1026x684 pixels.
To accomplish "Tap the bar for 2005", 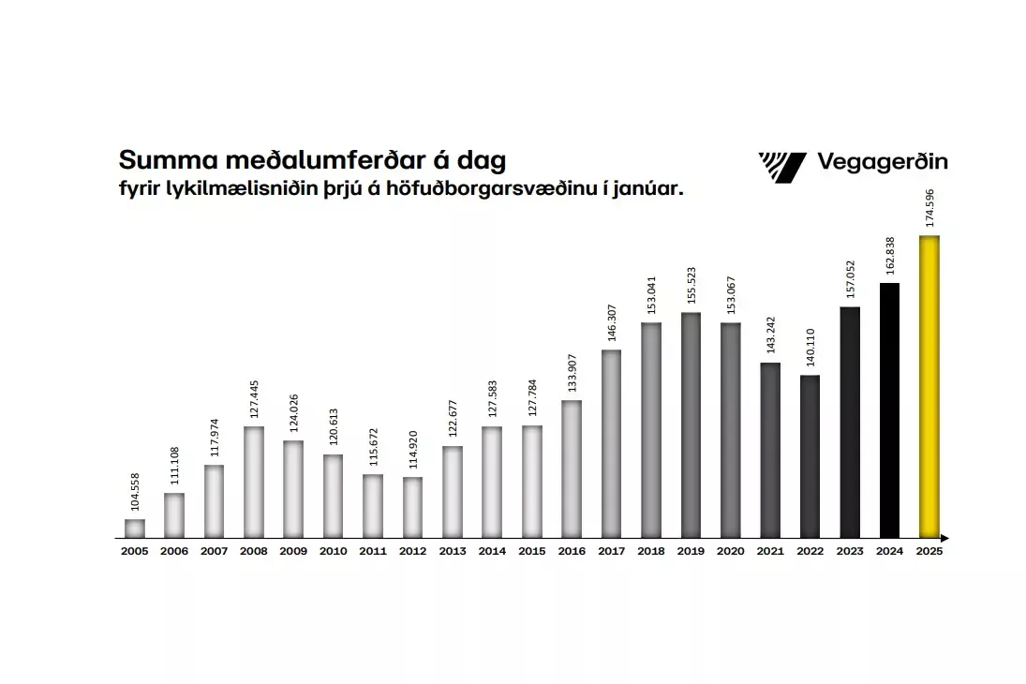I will click(x=135, y=528).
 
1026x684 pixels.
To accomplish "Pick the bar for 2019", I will click(x=691, y=425).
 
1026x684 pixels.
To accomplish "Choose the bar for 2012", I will click(x=412, y=507).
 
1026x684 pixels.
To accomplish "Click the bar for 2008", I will click(x=253, y=482).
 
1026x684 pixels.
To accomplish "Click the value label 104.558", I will click(x=136, y=491).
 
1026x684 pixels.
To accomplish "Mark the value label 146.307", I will click(x=612, y=321).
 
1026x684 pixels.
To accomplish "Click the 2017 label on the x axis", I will click(x=611, y=552).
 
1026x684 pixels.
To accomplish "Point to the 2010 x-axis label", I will click(x=333, y=552).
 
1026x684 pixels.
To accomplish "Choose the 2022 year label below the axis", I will click(x=810, y=552).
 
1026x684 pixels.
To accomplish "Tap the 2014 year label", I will click(x=492, y=552).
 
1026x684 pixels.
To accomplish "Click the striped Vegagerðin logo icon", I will click(x=781, y=166).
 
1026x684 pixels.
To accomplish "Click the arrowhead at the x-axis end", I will click(x=945, y=538).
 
